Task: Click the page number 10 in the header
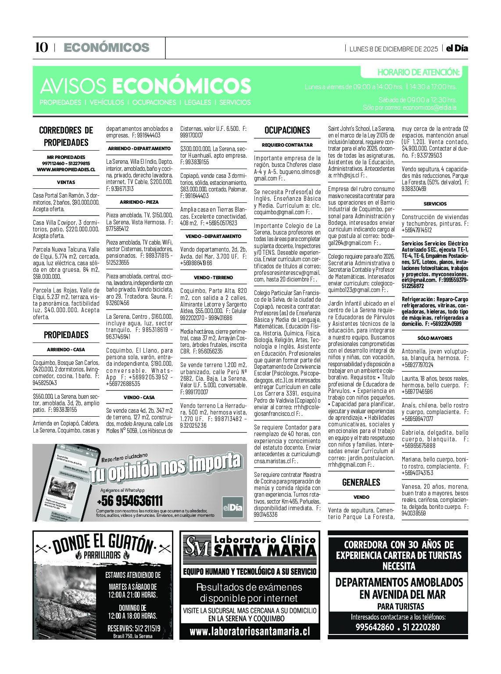pos(41,48)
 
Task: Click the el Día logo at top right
pos(457,48)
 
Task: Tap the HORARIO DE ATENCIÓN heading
pos(418,72)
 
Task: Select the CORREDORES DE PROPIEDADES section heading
pos(66,136)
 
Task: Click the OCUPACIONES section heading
pos(287,130)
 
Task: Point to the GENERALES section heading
pos(361,483)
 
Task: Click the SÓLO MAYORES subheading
pos(435,338)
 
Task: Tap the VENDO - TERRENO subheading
pos(213,278)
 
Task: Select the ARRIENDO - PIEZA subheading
pos(139,202)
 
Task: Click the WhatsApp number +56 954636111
pos(129,501)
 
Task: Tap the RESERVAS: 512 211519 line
pos(134,628)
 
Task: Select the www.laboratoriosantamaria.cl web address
pos(250,632)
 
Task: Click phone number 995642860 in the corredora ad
pos(375,627)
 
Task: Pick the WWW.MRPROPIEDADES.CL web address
pos(66,169)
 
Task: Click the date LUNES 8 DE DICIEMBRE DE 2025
pos(394,49)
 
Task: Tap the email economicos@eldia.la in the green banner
pos(429,108)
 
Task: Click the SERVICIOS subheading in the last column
pos(435,204)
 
